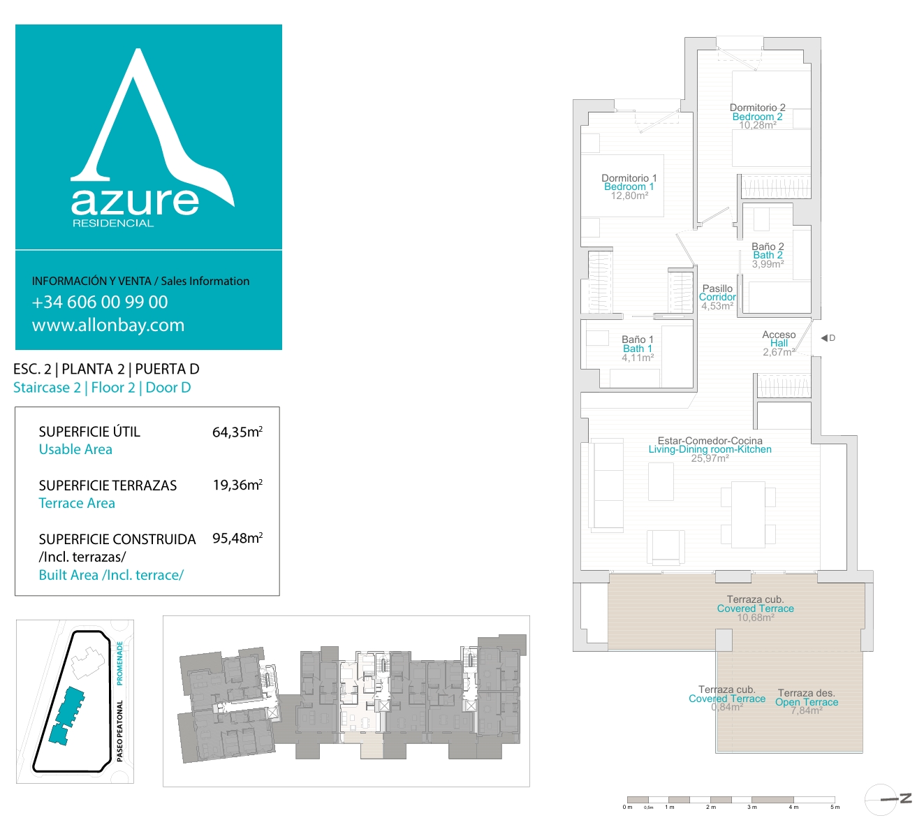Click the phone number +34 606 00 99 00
tap(99, 302)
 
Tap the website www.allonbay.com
tap(108, 326)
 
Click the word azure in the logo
tap(135, 201)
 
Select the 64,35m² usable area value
tap(237, 432)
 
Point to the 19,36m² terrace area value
tap(237, 485)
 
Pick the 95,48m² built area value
tap(237, 538)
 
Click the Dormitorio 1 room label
tap(629, 178)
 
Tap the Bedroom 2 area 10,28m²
tap(757, 125)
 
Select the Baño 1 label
tap(637, 339)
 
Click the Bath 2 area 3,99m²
tap(768, 263)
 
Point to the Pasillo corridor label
tap(717, 289)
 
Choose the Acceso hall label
tap(779, 335)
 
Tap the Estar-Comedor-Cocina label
tap(710, 441)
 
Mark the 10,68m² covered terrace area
tap(755, 618)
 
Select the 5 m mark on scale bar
tap(835, 807)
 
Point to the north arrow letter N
tap(905, 798)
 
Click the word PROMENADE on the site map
tap(119, 663)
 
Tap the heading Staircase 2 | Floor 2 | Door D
tap(102, 387)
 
